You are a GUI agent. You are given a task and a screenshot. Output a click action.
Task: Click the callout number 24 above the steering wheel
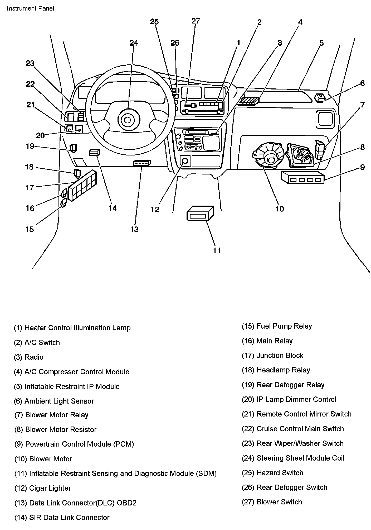pyautogui.click(x=134, y=43)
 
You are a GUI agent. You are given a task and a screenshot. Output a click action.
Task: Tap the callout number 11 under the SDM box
pyautogui.click(x=217, y=250)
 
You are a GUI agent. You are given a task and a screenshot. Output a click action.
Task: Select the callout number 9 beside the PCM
pyautogui.click(x=362, y=167)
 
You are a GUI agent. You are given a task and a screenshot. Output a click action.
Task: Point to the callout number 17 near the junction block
pyautogui.click(x=30, y=188)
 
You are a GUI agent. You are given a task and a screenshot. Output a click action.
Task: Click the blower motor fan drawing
pyautogui.click(x=268, y=157)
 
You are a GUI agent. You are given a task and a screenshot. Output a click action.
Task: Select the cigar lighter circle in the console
pyautogui.click(x=185, y=160)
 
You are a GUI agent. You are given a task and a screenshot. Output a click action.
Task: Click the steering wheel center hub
pyautogui.click(x=128, y=120)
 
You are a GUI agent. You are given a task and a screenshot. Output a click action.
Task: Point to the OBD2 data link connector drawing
pyautogui.click(x=142, y=163)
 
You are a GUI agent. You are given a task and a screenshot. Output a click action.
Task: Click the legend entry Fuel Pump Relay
pyautogui.click(x=277, y=326)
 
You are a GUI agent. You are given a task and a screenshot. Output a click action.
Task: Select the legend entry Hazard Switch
pyautogui.click(x=272, y=473)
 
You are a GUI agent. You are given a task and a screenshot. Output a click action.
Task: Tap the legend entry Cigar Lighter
pyautogui.click(x=42, y=488)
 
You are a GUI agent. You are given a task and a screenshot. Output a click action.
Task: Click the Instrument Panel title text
pyautogui.click(x=30, y=8)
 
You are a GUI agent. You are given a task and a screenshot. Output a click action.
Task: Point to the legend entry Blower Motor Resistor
pyautogui.click(x=55, y=429)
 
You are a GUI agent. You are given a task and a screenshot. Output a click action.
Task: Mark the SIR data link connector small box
pyautogui.click(x=94, y=152)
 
